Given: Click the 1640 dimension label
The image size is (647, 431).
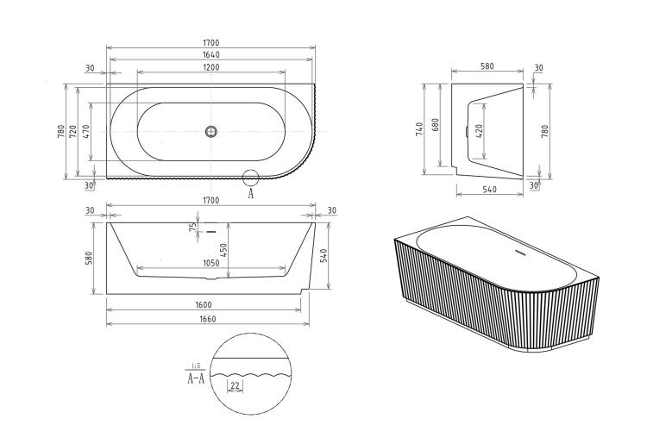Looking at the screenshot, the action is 211,54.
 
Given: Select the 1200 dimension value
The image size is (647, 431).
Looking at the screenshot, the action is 211,67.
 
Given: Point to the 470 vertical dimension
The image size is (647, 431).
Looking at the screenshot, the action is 86,132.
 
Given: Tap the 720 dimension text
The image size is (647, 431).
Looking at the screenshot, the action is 73,132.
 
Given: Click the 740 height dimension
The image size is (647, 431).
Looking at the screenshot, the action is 419,129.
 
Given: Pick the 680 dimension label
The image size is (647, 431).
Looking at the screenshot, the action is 436,125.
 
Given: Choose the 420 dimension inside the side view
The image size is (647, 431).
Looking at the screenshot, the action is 479,131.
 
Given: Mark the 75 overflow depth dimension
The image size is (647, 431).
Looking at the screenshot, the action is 192,227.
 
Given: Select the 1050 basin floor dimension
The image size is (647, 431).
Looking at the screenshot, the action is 210,264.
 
